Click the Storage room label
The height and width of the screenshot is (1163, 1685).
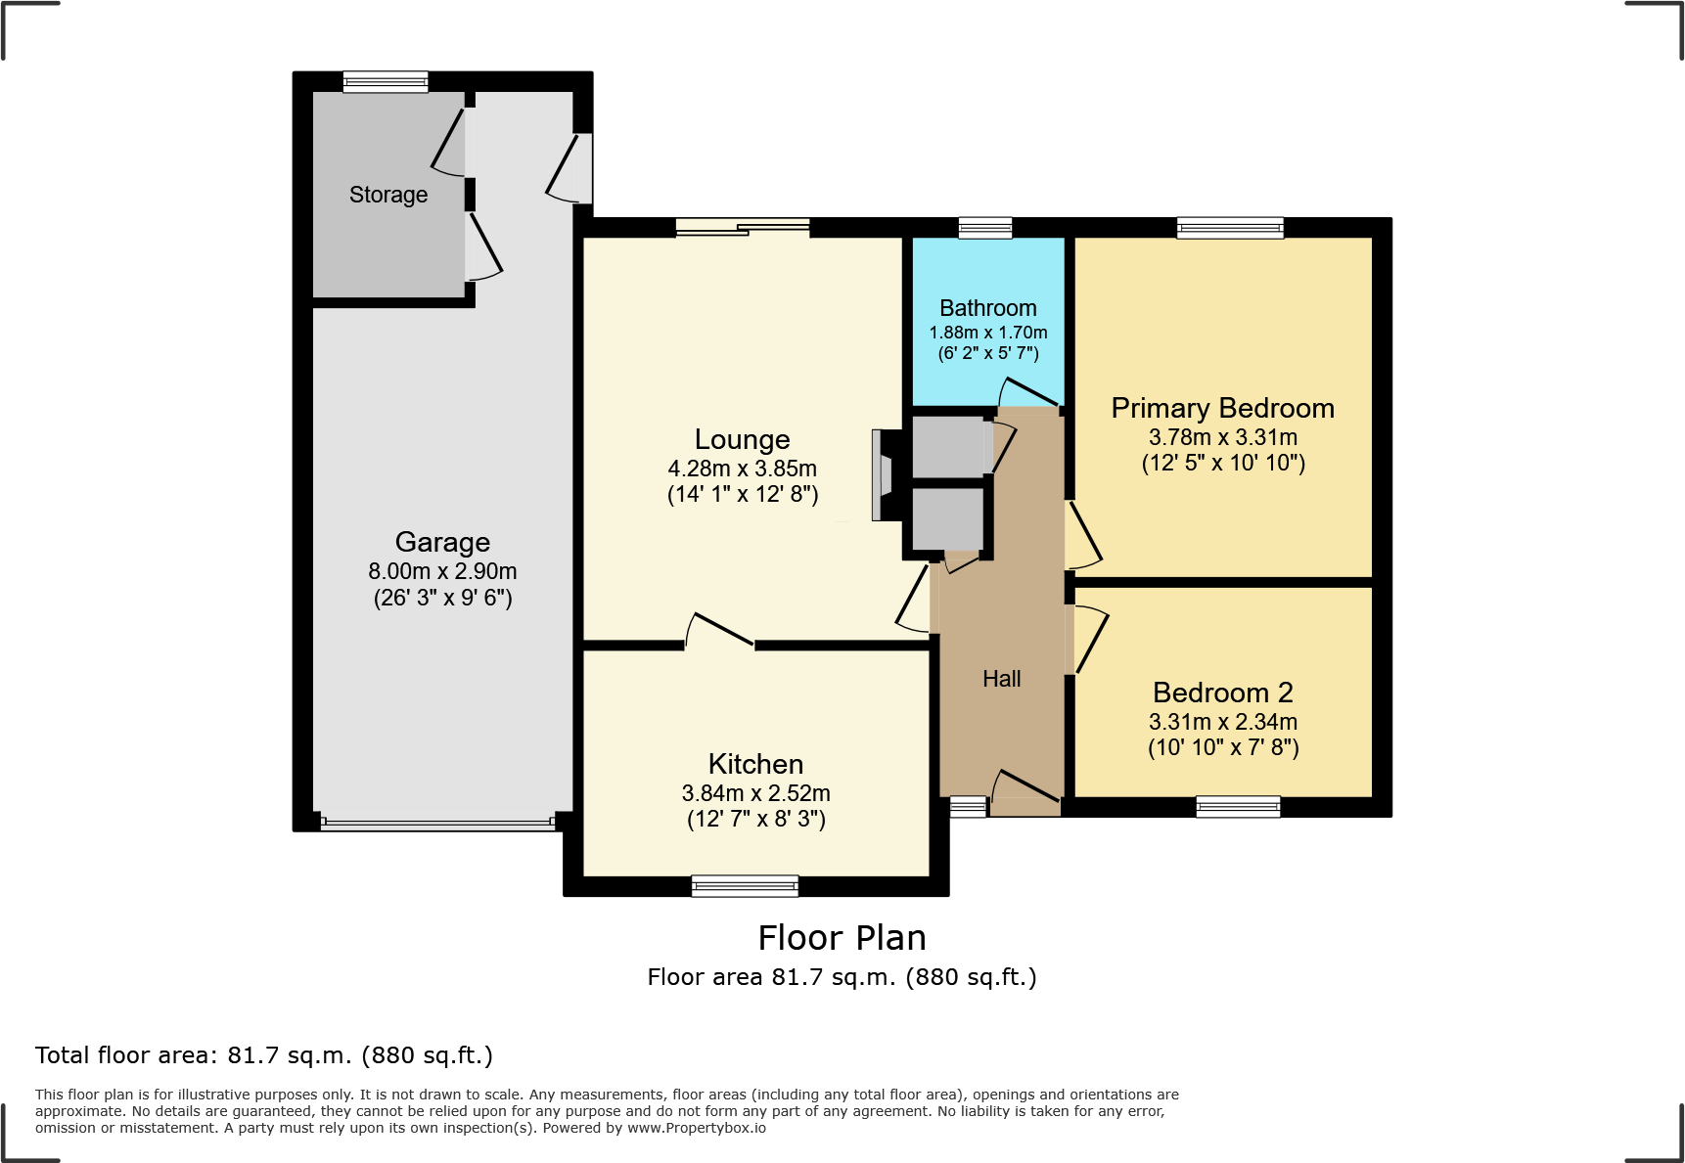tap(388, 195)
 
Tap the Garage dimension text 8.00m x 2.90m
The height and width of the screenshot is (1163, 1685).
tap(442, 571)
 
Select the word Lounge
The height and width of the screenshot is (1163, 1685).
tap(743, 440)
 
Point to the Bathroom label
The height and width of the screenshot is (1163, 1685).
tap(988, 308)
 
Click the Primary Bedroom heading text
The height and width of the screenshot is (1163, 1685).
tap(1223, 408)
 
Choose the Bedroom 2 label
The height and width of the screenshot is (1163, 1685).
tap(1223, 693)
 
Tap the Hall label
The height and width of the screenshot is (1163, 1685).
tap(1002, 679)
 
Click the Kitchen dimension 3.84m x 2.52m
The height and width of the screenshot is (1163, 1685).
tap(756, 793)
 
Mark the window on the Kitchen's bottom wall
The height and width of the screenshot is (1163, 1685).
tap(746, 885)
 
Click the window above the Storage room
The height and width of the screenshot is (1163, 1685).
tap(386, 81)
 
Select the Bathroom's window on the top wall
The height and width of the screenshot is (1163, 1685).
tap(985, 227)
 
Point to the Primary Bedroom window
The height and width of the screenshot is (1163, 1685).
tap(1230, 227)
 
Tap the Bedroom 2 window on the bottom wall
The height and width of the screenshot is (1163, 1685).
tap(1238, 806)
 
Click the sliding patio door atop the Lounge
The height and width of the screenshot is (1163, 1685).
tap(743, 227)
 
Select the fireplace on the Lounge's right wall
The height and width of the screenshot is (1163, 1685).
tap(885, 474)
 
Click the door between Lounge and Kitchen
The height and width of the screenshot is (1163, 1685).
tap(720, 631)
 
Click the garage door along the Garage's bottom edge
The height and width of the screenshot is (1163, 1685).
tap(438, 824)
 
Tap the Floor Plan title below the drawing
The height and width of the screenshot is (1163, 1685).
tap(842, 938)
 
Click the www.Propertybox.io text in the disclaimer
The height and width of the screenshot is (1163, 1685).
tap(697, 1128)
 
